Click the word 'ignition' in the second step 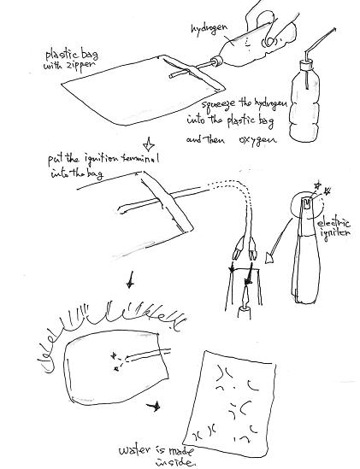point(107,160)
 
